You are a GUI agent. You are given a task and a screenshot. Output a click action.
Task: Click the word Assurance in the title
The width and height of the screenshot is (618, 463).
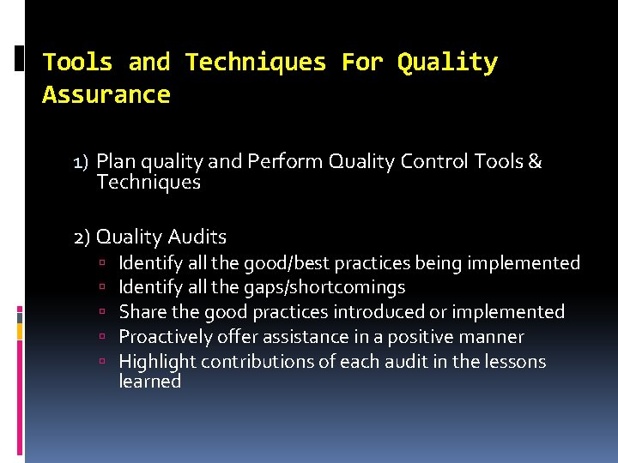coord(106,95)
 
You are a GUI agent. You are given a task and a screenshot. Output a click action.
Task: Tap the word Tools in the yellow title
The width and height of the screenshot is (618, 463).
coord(77,63)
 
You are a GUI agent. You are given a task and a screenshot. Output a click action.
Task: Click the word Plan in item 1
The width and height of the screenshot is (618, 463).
coord(113,162)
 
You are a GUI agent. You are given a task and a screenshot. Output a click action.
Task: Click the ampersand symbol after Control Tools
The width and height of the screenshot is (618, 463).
coord(535,162)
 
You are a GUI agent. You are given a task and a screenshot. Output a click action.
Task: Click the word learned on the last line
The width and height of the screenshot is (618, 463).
coord(149,382)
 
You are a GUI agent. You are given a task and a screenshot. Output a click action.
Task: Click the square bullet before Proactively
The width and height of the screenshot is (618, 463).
coord(101,338)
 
